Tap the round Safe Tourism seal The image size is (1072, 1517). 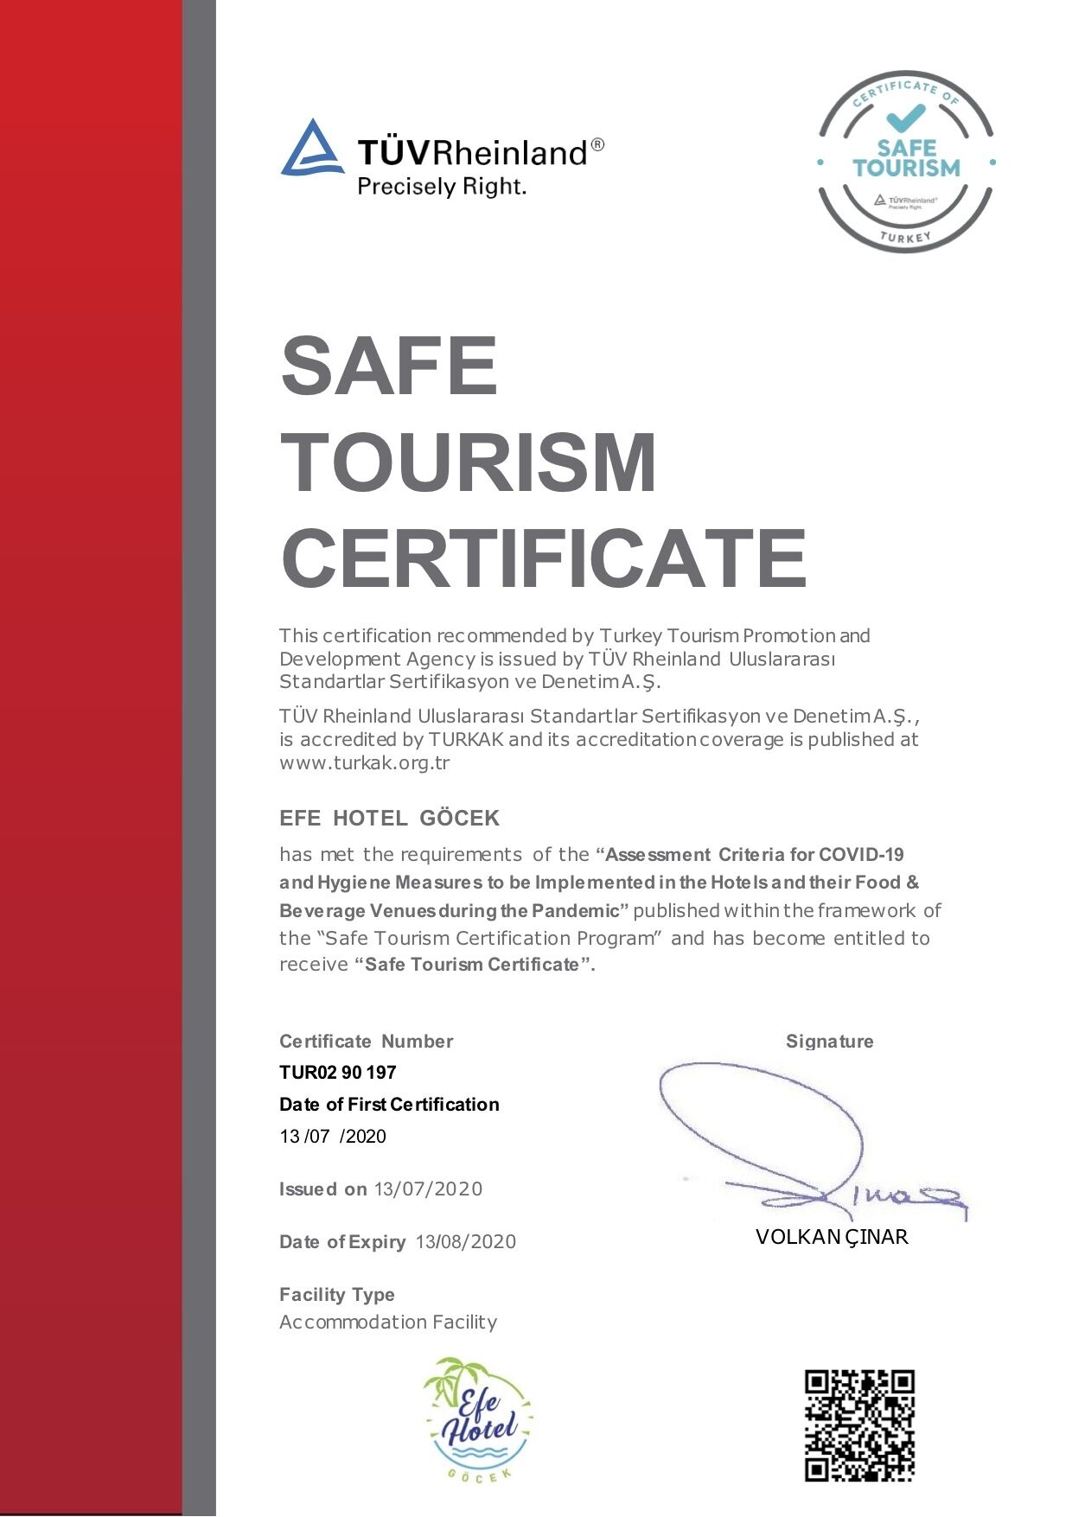pyautogui.click(x=906, y=162)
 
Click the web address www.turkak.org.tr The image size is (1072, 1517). pyautogui.click(x=364, y=762)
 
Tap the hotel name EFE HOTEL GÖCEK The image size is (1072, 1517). pyautogui.click(x=389, y=818)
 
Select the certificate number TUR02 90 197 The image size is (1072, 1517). pyautogui.click(x=337, y=1072)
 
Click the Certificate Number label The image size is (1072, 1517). pyautogui.click(x=366, y=1041)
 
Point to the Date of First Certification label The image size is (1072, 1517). pyautogui.click(x=389, y=1104)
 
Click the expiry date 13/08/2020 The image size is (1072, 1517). pyautogui.click(x=465, y=1241)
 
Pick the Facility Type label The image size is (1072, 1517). pyautogui.click(x=336, y=1294)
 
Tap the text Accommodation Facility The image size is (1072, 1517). pyautogui.click(x=388, y=1322)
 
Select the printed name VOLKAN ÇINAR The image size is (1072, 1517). pyautogui.click(x=832, y=1237)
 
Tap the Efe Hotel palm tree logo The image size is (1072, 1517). pyautogui.click(x=478, y=1418)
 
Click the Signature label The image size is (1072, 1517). pyautogui.click(x=829, y=1041)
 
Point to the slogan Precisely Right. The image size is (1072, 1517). pyautogui.click(x=441, y=186)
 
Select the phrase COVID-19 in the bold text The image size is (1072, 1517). pyautogui.click(x=861, y=855)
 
